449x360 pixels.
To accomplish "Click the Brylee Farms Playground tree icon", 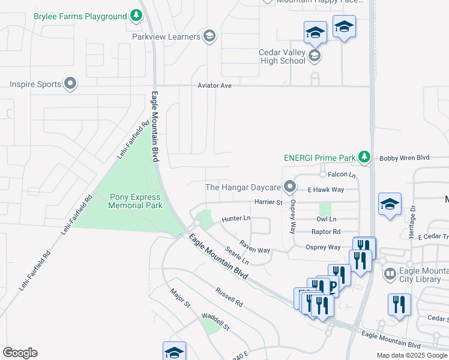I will [x=137, y=16].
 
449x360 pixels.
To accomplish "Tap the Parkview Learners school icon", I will [x=209, y=37].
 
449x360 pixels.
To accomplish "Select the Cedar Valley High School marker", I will [x=314, y=56].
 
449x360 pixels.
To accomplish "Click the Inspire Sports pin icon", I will [x=70, y=83].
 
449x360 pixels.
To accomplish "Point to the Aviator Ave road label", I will [x=214, y=86].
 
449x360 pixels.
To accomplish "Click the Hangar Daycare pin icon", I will [x=291, y=187].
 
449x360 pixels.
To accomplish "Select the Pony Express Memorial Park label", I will [x=136, y=201].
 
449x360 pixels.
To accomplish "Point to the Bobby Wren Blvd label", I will [x=405, y=158].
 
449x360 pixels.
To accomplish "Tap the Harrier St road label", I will [x=268, y=203].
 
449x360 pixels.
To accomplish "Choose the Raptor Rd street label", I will [x=328, y=232].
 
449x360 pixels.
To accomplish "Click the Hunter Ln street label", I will [x=236, y=219].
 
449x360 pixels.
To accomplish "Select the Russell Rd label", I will [x=229, y=296].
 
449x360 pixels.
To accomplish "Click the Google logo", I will [x=20, y=353].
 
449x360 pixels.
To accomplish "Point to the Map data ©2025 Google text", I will [x=411, y=355].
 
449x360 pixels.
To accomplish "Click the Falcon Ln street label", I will [x=342, y=175].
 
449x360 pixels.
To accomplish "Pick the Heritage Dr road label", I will [x=413, y=215].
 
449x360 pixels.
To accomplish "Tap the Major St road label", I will [x=180, y=298].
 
